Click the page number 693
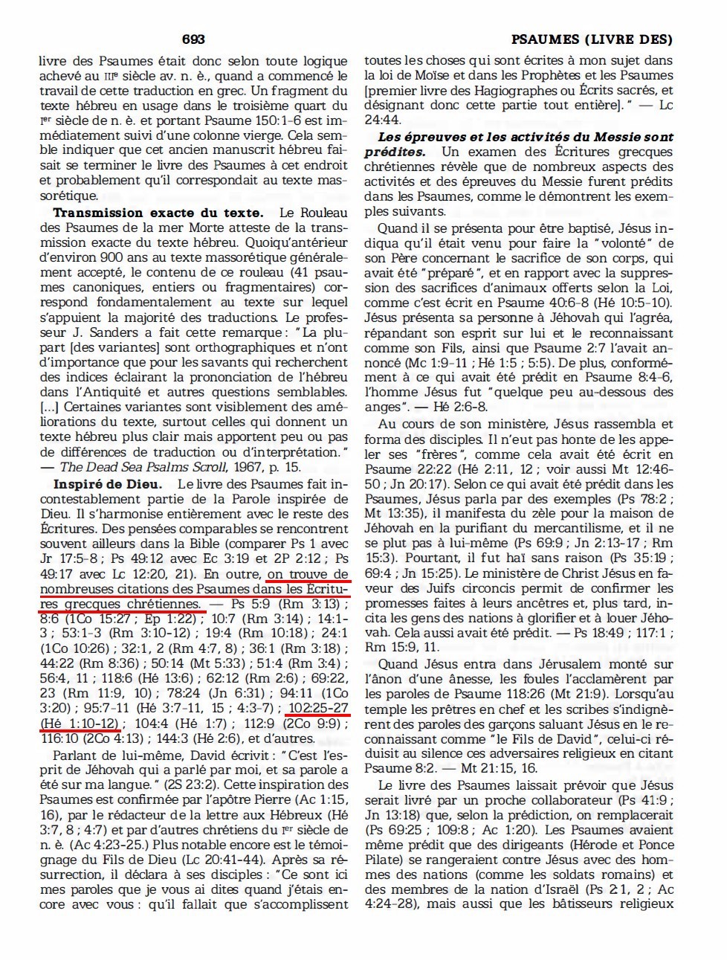tap(193, 39)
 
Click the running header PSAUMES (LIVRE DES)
tap(592, 39)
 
